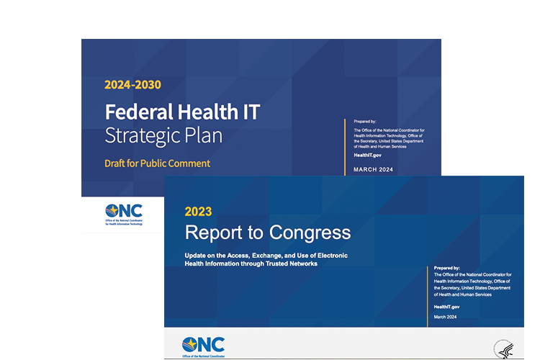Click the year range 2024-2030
coord(132,85)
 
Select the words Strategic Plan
coord(163,135)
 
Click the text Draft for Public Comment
coord(157,163)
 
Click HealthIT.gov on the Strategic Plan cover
coord(368,155)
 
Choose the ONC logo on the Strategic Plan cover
coord(123,213)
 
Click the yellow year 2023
coord(198,212)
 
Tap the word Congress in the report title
coord(310,233)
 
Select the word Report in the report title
coord(216,233)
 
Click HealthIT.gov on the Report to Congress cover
coord(446,307)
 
